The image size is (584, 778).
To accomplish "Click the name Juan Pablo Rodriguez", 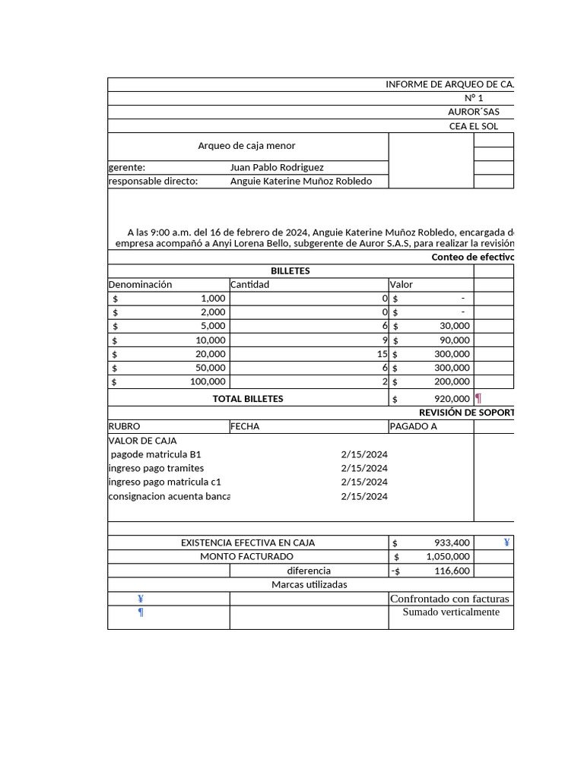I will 277,167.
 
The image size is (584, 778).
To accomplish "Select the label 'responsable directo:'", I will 153,181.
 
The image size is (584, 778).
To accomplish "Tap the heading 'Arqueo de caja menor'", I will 246,146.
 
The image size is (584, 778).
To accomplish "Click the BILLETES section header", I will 290,270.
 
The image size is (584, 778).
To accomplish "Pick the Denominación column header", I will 141,284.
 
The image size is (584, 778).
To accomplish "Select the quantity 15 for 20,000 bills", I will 382,354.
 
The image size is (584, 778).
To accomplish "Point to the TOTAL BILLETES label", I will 248,398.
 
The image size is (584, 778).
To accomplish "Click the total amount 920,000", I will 452,398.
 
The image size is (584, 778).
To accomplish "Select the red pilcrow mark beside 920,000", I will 478,398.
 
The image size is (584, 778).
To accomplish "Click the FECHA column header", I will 245,426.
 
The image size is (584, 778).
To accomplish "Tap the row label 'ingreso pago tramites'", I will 157,468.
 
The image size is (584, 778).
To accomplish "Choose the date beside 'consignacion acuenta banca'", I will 364,496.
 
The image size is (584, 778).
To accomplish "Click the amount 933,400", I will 452,542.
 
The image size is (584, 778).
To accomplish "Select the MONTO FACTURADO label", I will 246,556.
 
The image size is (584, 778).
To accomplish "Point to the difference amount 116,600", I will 452,571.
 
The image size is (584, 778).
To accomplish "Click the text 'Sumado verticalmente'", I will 451,612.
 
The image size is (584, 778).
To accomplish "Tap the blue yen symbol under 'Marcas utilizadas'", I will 141,599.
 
